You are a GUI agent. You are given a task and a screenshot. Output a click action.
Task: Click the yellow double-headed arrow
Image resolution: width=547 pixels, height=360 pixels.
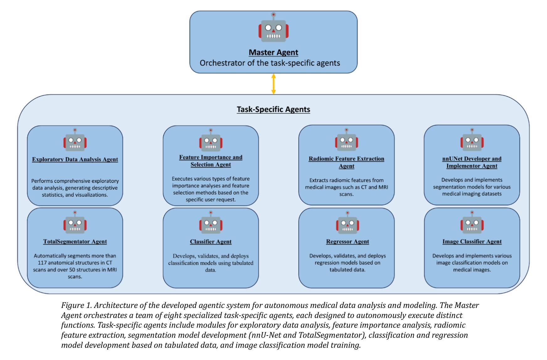[273, 84]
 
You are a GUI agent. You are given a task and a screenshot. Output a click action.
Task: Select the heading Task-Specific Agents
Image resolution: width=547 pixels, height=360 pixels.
[273, 109]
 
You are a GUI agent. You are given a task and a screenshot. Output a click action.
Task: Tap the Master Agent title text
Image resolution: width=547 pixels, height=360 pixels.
[273, 52]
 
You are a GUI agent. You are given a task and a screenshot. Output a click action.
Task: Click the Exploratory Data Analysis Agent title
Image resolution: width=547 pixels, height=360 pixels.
[75, 159]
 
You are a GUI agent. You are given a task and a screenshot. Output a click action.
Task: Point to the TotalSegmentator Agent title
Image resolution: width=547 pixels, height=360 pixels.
[75, 241]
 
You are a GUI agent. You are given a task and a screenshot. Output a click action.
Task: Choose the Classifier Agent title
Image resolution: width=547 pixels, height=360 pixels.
[211, 241]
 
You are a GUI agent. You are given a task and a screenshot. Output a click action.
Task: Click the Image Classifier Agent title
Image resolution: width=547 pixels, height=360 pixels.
[472, 241]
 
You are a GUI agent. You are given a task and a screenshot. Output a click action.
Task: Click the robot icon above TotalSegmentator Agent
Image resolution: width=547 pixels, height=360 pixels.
[75, 222]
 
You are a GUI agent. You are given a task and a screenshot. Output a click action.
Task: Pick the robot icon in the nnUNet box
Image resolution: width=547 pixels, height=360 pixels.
[472, 140]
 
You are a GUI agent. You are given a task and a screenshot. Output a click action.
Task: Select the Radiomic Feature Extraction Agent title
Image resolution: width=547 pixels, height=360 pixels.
[347, 162]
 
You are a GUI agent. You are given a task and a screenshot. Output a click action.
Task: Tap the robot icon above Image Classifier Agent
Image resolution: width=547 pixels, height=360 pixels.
[472, 222]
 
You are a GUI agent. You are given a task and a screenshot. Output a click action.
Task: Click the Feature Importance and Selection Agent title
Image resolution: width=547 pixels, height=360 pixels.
[211, 161]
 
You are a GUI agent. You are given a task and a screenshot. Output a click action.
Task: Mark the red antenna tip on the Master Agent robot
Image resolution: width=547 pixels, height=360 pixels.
[273, 14]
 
